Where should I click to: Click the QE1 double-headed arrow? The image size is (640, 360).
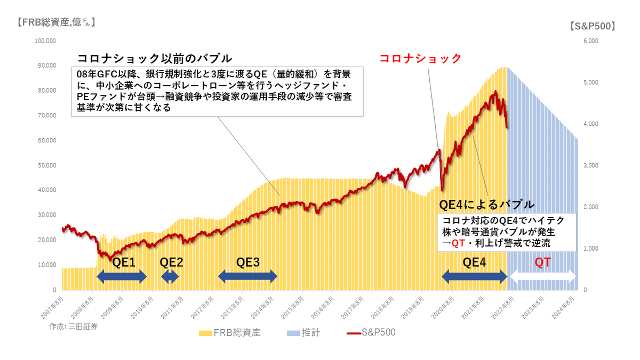click(x=121, y=276)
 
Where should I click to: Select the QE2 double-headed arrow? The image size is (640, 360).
click(x=170, y=276)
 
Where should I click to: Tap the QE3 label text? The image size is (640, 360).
click(x=248, y=262)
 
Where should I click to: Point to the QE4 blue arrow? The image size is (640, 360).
click(x=474, y=276)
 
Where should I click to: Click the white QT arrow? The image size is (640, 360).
click(x=543, y=276)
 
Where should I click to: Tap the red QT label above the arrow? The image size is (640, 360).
click(x=543, y=262)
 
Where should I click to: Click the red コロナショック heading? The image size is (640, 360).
click(x=420, y=59)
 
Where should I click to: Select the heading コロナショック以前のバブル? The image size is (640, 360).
click(x=155, y=58)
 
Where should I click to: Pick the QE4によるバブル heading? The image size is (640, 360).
click(x=486, y=204)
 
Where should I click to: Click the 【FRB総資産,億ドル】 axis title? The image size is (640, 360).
click(x=55, y=22)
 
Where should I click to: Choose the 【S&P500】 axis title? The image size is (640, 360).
click(x=592, y=26)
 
